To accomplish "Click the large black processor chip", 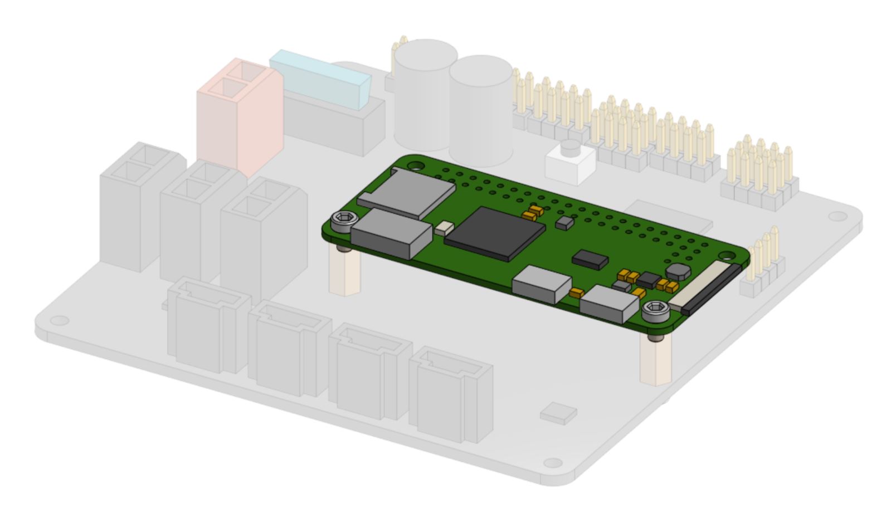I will pos(494,232).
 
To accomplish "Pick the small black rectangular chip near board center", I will pos(590,259).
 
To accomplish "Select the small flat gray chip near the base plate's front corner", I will pos(558,413).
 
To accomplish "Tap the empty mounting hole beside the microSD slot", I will pos(414,165).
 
